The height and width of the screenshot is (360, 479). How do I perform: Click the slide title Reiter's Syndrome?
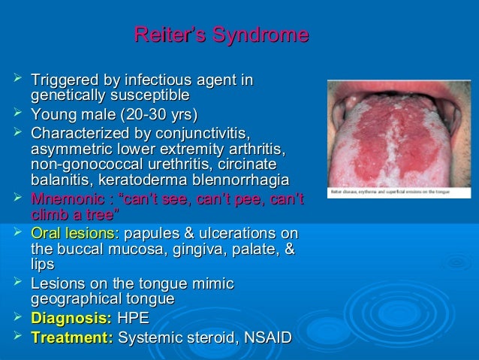coord(220,35)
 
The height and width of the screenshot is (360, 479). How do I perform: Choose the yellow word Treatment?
coord(71,337)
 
